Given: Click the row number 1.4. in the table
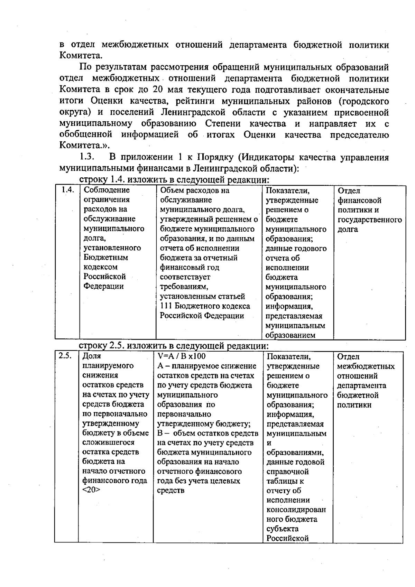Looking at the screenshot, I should (x=68, y=190).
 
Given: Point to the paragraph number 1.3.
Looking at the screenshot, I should (x=87, y=158).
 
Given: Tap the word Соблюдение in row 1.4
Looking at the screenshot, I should (x=107, y=190).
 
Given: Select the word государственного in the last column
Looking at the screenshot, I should (x=369, y=220).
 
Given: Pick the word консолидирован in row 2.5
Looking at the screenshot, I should (x=296, y=510).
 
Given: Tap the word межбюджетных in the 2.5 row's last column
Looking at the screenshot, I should (x=366, y=366).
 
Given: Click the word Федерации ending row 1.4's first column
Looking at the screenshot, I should (x=104, y=286).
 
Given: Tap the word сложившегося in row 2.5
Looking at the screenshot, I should (x=108, y=442).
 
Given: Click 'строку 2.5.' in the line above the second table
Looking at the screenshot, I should (x=101, y=346).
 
